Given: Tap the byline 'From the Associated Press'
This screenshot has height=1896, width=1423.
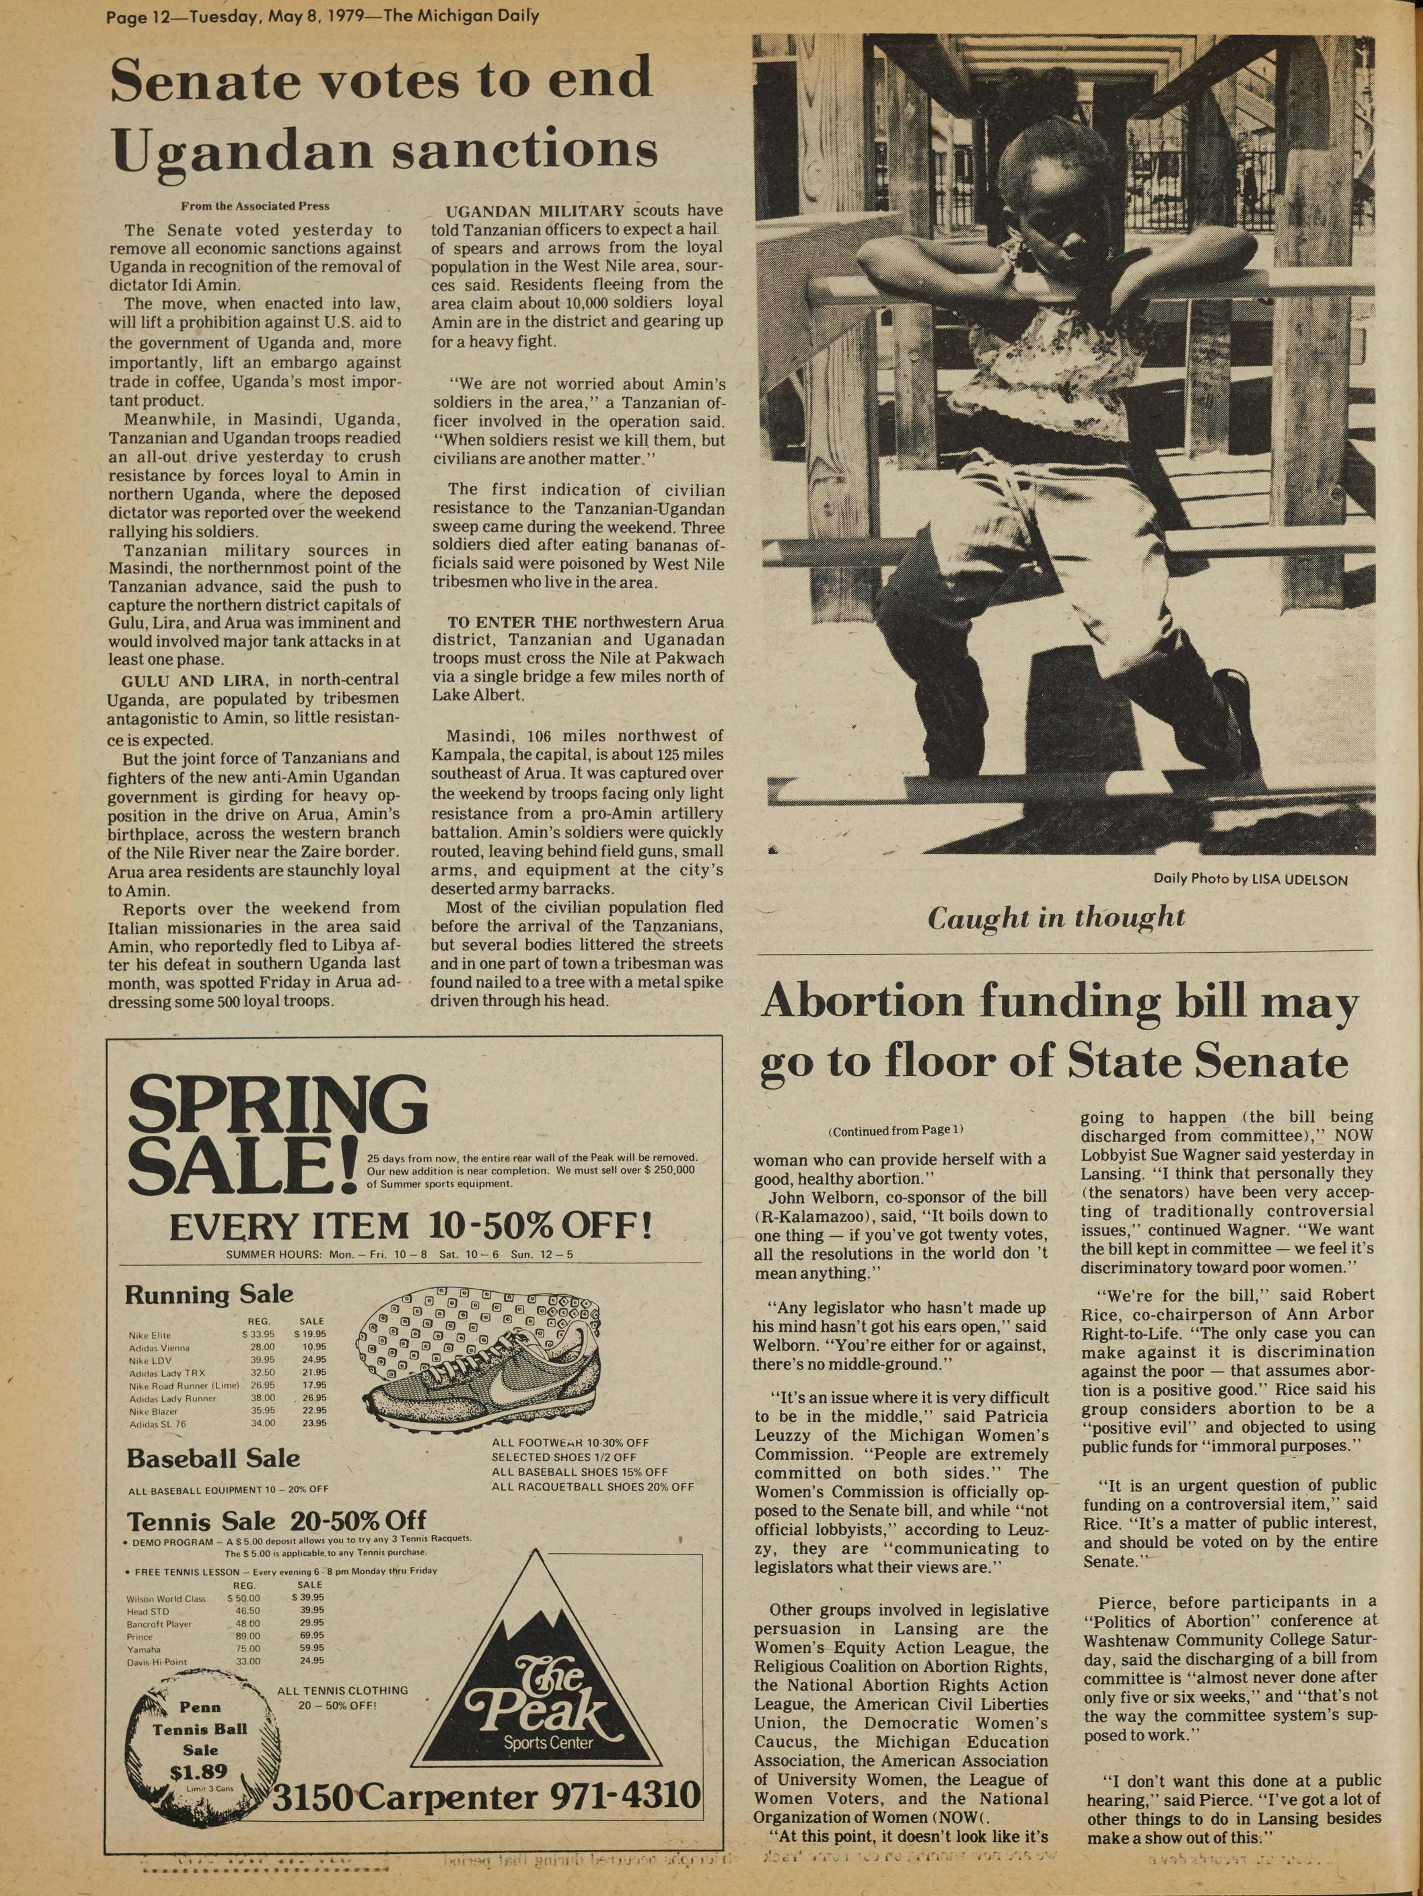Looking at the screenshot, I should (x=255, y=206).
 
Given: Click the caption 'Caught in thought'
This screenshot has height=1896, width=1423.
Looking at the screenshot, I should (x=1056, y=918).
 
